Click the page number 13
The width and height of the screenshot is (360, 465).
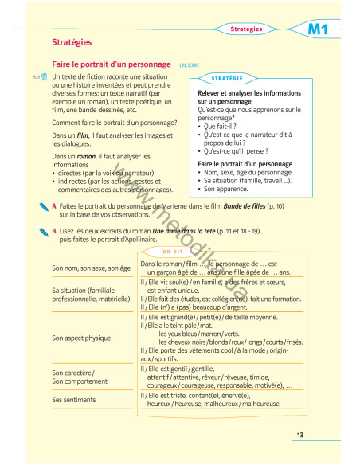[300, 435]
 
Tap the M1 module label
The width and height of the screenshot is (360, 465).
[319, 29]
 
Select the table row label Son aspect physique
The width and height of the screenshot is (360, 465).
[81, 338]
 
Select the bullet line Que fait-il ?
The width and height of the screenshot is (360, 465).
[221, 126]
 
